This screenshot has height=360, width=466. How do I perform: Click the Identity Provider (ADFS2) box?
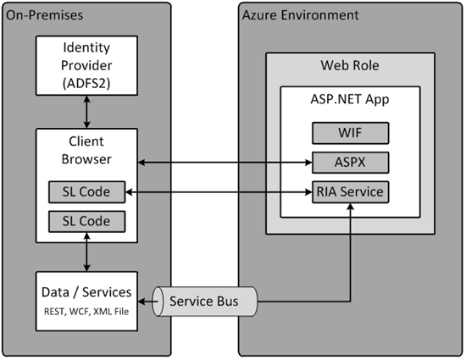coord(86,65)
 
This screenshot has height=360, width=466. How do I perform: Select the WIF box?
coord(351,133)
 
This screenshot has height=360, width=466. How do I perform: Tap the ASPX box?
coord(351,163)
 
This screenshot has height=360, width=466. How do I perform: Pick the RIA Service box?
coord(351,192)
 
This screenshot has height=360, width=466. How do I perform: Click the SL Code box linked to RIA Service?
coord(86,192)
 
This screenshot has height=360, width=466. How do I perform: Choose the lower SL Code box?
coord(86,221)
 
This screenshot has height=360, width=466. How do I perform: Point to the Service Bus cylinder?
coord(204,302)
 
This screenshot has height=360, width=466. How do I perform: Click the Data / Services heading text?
coord(86,292)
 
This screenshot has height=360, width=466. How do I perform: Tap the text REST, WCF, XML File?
coord(86,312)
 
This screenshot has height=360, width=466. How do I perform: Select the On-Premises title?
coord(45,15)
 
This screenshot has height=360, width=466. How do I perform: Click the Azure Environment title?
coord(301,15)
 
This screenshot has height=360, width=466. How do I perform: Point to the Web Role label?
coord(350,65)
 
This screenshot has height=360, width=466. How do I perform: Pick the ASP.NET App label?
coord(350,99)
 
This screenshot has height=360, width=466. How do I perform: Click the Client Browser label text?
coord(86,150)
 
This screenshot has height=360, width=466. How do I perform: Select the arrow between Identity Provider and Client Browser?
coord(86,112)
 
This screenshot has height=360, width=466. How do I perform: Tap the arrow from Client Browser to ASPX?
coord(225,163)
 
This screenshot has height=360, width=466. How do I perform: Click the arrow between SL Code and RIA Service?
coord(219,192)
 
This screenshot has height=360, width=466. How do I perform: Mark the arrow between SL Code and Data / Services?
coord(86,252)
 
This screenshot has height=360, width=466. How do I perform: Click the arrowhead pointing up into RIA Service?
coord(351,207)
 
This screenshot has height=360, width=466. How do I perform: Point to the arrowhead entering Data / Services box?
coord(141,302)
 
